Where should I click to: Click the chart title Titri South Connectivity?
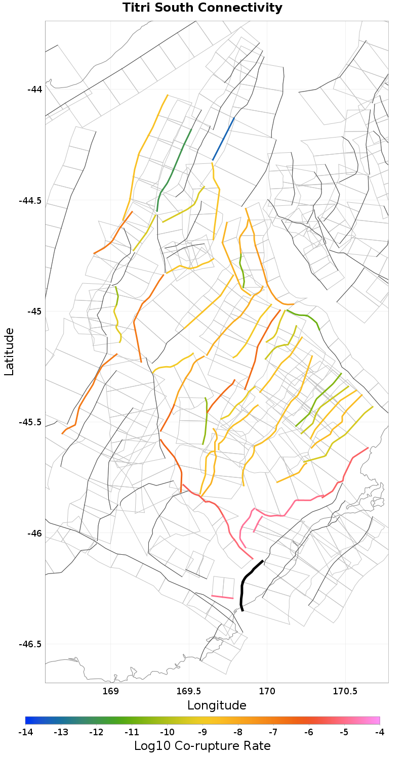[x=202, y=8]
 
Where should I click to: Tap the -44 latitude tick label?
[x=35, y=90]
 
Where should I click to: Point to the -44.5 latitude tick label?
[x=30, y=200]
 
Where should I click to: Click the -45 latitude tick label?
[x=35, y=311]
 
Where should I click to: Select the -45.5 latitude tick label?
[x=30, y=422]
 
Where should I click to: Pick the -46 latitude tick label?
[x=35, y=533]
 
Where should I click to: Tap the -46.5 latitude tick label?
[x=30, y=644]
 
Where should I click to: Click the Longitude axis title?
[x=217, y=705]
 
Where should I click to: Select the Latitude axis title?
[x=9, y=351]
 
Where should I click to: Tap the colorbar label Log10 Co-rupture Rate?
[x=202, y=746]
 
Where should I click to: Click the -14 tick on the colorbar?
[x=25, y=732]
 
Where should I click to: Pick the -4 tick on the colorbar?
[x=380, y=732]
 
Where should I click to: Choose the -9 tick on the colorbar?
[x=202, y=732]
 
